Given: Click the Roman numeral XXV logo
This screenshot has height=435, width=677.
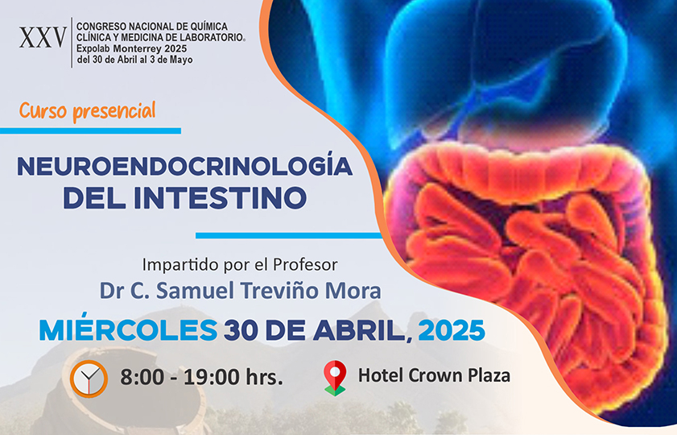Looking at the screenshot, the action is [x=43, y=38].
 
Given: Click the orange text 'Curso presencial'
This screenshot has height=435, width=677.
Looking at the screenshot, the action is [x=87, y=110].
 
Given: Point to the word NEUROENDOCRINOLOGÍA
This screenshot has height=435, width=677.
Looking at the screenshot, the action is [x=185, y=166].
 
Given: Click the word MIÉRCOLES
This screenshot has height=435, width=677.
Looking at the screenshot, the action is [x=128, y=329].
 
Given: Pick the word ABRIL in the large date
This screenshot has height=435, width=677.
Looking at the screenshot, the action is [x=361, y=331].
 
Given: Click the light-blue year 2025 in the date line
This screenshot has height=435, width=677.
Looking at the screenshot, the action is [x=452, y=331].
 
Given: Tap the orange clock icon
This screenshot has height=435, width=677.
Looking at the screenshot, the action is [x=89, y=379].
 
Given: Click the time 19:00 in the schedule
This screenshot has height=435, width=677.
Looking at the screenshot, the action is [x=212, y=377].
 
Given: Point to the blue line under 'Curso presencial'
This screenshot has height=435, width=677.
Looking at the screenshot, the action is [x=90, y=130].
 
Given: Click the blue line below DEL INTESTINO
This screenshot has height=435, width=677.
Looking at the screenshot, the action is [x=288, y=236].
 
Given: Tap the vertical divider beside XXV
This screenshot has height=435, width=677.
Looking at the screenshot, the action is [x=72, y=43].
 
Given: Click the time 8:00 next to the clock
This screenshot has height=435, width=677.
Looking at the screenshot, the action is [x=142, y=377].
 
